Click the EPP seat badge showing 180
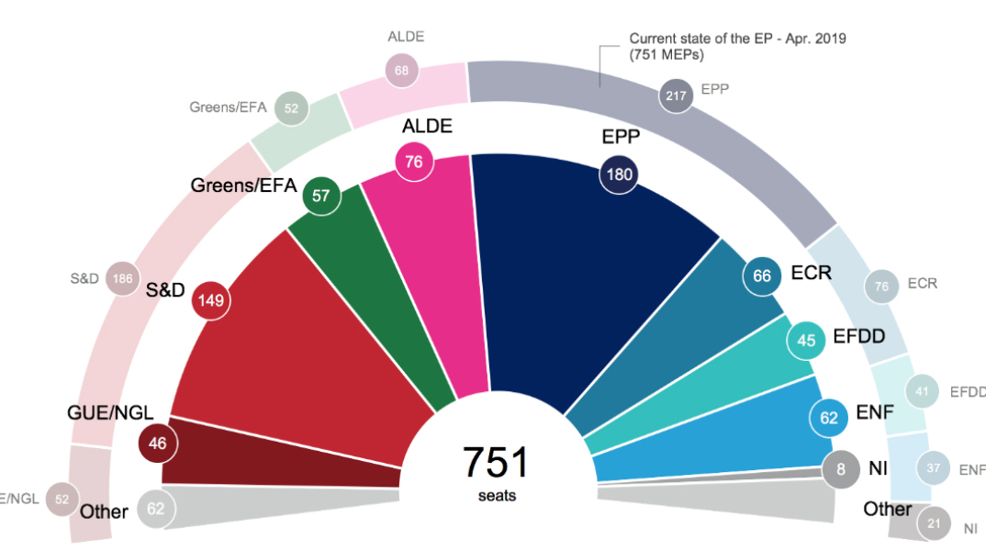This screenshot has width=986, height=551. (x=618, y=174)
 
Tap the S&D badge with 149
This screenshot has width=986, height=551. (x=209, y=299)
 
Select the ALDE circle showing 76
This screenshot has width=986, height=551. (x=414, y=162)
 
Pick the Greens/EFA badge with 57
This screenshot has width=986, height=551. (x=322, y=196)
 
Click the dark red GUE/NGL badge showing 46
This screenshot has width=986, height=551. (x=157, y=444)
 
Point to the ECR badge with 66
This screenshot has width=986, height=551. (x=762, y=274)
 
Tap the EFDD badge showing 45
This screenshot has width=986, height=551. (x=806, y=340)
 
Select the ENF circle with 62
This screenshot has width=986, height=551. (x=829, y=418)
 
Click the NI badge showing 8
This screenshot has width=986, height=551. (x=841, y=468)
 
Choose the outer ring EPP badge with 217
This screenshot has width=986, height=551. (x=678, y=95)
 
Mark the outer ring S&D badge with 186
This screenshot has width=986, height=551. (x=122, y=278)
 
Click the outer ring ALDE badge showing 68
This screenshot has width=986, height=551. (x=401, y=70)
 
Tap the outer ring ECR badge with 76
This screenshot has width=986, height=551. (x=881, y=287)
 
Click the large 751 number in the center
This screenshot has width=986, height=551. (x=496, y=463)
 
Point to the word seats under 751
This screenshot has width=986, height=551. (x=497, y=496)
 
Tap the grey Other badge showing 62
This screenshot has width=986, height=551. (x=155, y=508)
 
